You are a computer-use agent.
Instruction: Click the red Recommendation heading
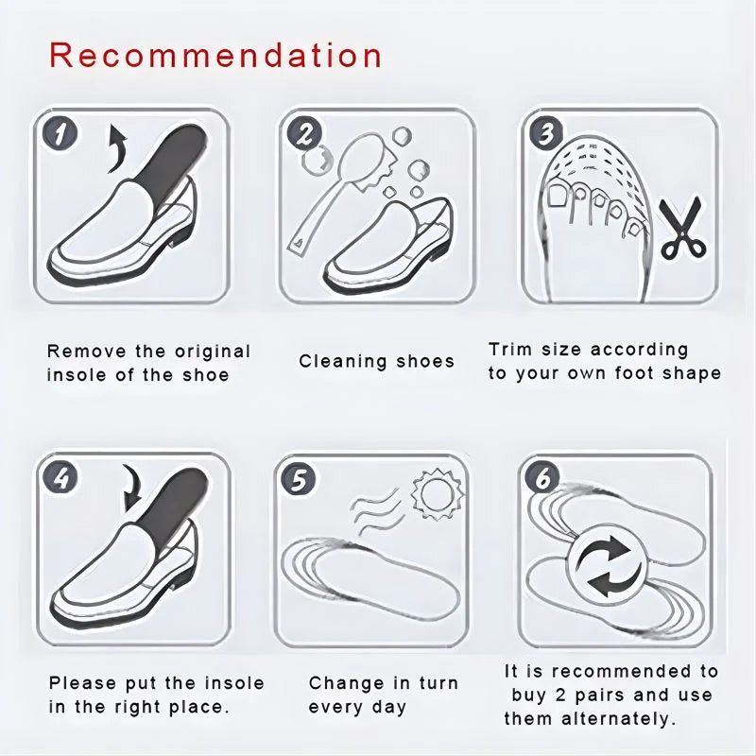[215, 54]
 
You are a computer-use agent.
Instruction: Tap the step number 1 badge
[61, 133]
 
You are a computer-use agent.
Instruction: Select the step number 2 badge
[303, 133]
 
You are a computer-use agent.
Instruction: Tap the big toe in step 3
[560, 196]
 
